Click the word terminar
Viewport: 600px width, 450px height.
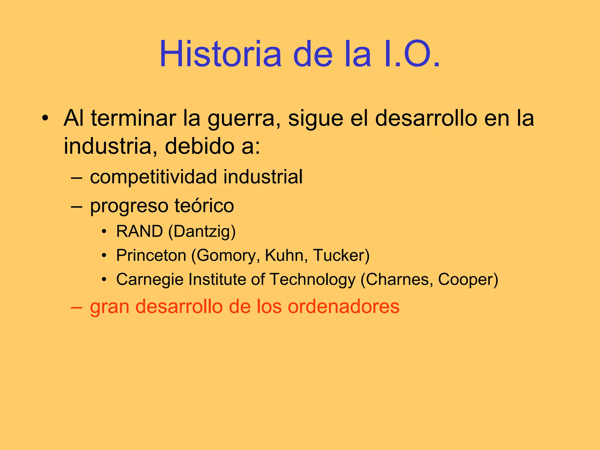(133, 118)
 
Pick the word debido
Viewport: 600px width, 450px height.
(199, 146)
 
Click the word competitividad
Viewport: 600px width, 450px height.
(155, 177)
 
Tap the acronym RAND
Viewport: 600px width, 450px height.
(139, 231)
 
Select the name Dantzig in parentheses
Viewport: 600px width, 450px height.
(202, 231)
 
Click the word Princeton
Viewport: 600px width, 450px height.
(151, 255)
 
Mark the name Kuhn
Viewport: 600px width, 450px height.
(286, 255)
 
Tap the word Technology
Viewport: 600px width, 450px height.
(312, 279)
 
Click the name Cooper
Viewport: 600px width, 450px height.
(466, 279)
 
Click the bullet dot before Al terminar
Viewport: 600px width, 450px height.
(45, 118)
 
